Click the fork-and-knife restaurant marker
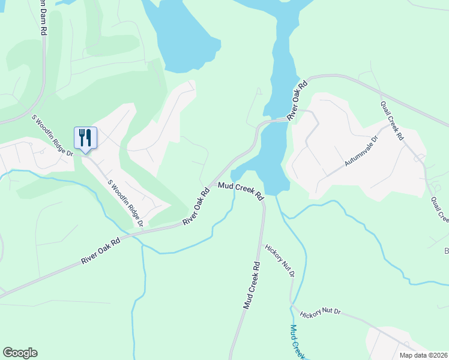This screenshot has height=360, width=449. (x=85, y=138)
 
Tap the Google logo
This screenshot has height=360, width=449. (x=20, y=353)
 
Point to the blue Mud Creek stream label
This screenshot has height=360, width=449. (x=297, y=342)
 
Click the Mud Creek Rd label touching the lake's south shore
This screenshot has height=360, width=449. (x=241, y=191)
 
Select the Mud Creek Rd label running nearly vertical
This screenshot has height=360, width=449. (x=252, y=285)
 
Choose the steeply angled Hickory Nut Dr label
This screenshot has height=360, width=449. (x=280, y=260)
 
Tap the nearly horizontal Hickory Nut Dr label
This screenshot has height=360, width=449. (x=321, y=313)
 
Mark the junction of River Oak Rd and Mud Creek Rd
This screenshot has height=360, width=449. (x=210, y=184)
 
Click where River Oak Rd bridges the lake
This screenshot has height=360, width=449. (x=273, y=120)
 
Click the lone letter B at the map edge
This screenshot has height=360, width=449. (x=446, y=251)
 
